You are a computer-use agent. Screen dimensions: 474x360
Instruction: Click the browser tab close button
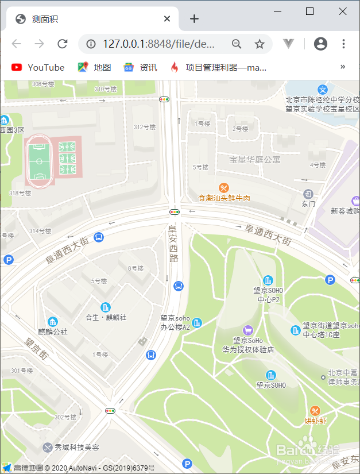167,19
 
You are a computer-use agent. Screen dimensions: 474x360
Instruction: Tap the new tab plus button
194,19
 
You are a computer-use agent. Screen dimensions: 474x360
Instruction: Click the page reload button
63,44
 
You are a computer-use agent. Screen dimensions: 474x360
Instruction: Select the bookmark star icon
260,44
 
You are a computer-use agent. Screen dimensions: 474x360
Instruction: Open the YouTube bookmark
38,67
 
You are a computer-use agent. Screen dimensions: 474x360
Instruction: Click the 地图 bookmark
95,67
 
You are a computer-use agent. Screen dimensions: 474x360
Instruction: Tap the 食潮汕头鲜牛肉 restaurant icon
224,187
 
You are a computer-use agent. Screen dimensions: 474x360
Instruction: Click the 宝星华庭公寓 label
255,159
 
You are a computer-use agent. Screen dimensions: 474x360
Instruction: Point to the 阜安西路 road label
173,243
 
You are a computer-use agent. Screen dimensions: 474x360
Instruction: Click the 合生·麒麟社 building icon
105,307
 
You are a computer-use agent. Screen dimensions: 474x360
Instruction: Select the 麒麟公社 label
53,332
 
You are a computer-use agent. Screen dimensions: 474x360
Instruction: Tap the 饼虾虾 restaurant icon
315,410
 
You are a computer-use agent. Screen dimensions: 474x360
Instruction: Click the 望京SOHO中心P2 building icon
268,280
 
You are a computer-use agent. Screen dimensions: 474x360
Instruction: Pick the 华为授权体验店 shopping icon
247,330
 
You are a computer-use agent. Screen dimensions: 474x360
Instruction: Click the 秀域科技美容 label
77,447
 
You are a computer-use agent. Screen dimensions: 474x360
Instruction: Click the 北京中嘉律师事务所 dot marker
323,377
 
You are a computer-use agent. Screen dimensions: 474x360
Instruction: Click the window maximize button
309,11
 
